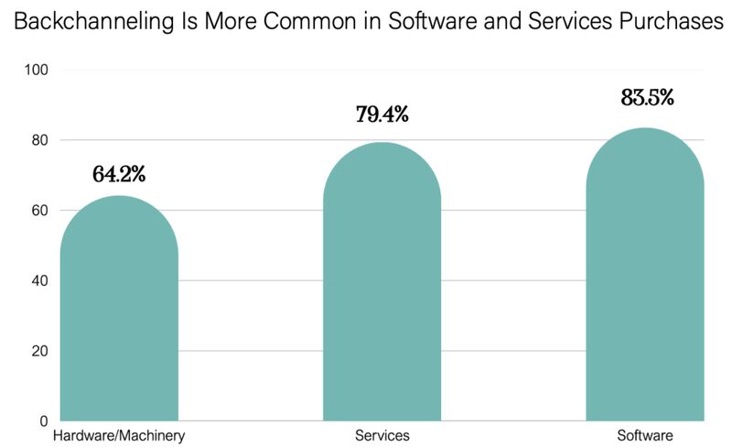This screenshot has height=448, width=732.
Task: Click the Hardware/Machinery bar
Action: click(119, 311)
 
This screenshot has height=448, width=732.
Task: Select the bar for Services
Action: click(382, 284)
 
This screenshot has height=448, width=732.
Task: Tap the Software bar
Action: click(644, 275)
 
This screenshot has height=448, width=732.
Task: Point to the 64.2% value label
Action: click(119, 173)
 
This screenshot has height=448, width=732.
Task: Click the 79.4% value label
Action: click(382, 115)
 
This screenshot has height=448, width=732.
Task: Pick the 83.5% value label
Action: click(647, 97)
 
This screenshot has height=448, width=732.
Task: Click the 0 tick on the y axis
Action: click(43, 421)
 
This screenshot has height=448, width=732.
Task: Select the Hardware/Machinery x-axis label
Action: click(119, 434)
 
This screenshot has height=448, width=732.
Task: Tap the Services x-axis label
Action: click(382, 434)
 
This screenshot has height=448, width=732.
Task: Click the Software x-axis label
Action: click(644, 434)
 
